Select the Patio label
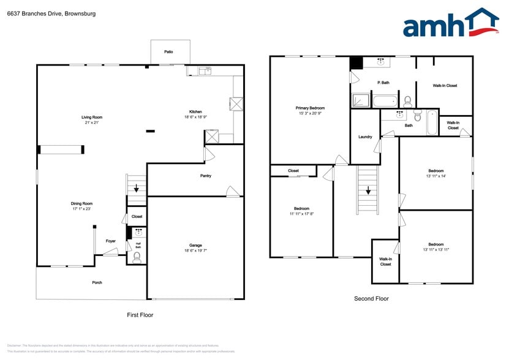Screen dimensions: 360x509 168,52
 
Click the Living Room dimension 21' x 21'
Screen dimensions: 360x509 92,122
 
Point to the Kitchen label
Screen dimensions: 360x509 195,111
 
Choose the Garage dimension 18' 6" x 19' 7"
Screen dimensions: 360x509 195,251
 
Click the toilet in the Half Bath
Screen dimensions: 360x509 137,257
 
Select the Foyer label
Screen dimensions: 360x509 110,241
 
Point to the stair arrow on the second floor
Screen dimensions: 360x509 368,190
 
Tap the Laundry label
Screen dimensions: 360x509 365,137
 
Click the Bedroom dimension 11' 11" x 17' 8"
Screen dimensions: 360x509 301,214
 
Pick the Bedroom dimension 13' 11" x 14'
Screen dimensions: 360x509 435,176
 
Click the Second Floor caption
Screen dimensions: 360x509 371,299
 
